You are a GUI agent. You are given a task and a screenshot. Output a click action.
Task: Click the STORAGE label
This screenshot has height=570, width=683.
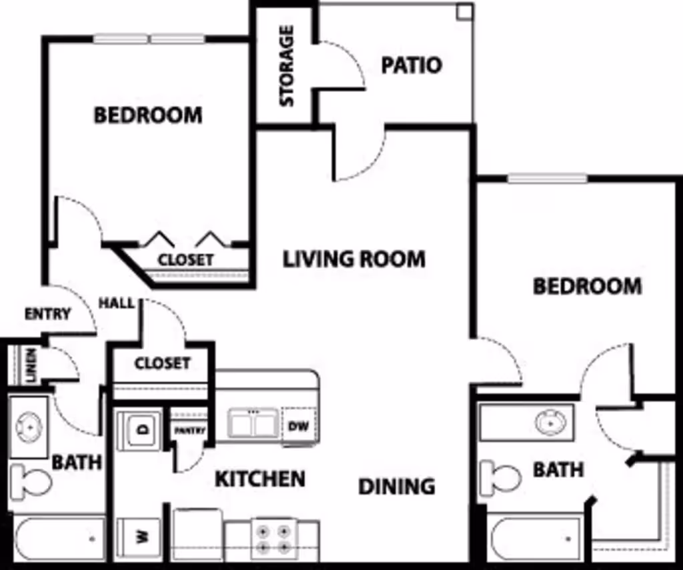point(287,66)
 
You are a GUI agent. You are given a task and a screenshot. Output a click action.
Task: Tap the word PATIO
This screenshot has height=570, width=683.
point(412,65)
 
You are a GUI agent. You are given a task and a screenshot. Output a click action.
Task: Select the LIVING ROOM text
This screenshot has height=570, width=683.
point(354,259)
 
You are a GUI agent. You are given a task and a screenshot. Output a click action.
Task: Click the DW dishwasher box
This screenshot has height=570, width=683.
point(297,426)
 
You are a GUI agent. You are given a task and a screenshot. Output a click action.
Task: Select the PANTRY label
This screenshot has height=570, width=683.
point(189,431)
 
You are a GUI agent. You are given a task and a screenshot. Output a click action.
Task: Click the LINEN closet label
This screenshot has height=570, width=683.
point(31,366)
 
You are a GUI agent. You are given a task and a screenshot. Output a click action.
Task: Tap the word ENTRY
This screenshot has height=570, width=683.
point(47,314)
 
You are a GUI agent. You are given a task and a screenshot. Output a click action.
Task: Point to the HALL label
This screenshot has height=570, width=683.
point(117,303)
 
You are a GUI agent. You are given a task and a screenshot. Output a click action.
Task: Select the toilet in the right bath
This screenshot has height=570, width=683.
point(501,477)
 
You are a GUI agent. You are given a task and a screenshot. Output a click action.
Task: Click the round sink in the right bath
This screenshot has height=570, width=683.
point(551,422)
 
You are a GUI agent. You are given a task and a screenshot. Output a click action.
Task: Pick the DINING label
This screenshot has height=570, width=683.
point(397,487)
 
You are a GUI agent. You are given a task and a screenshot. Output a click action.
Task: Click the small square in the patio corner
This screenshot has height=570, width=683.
point(464,13)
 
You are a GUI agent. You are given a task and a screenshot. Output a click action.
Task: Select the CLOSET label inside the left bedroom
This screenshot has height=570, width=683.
point(185,259)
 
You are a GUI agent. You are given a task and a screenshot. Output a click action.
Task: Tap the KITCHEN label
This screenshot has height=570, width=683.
point(260,478)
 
